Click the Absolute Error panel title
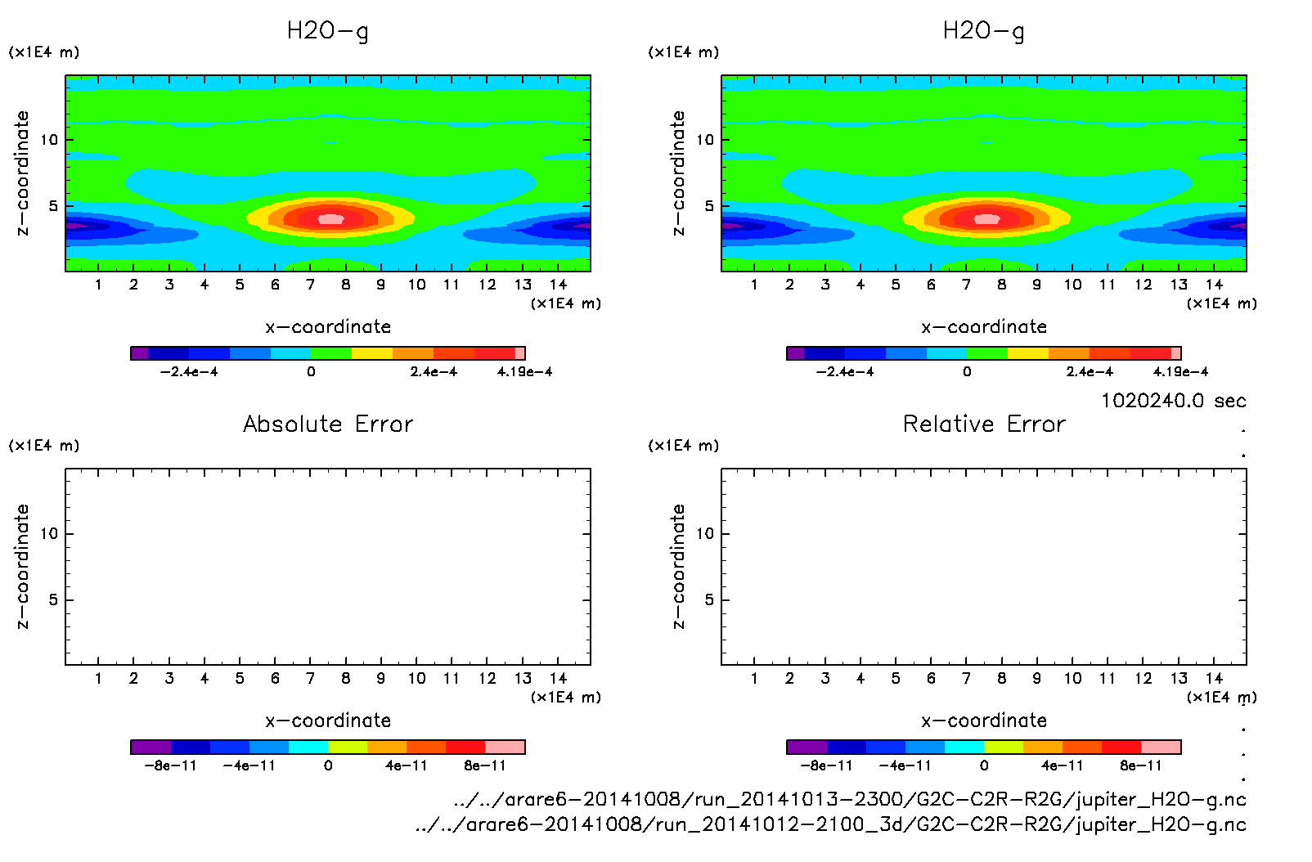(x=328, y=424)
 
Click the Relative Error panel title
(x=984, y=424)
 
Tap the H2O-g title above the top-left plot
(x=328, y=31)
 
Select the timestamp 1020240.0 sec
(x=1173, y=401)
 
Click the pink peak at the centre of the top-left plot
(x=330, y=218)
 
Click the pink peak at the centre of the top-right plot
(x=986, y=218)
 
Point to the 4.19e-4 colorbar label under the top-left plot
(x=524, y=372)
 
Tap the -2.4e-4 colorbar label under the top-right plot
(x=845, y=372)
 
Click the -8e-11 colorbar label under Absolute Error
(x=170, y=766)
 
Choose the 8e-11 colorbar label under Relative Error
(x=1141, y=766)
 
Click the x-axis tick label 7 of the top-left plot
(x=310, y=285)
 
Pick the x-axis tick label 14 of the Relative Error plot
(x=1214, y=678)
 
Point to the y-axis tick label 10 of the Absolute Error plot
(x=49, y=533)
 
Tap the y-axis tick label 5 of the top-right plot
(x=709, y=206)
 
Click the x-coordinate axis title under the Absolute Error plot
(x=328, y=721)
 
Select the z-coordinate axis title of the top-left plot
(x=22, y=173)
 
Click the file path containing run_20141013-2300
(x=850, y=799)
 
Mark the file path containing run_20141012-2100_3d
(x=830, y=824)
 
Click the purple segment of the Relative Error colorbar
(x=807, y=747)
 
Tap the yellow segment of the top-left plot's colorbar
(x=371, y=353)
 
